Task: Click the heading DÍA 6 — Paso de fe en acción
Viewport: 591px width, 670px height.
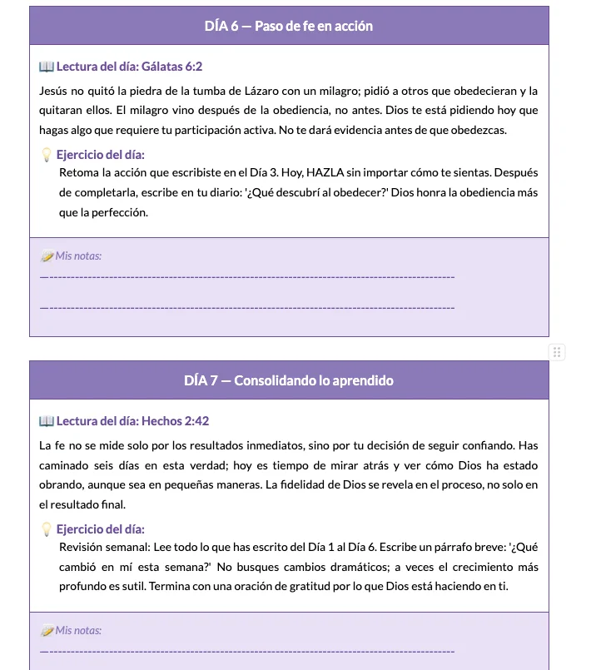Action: point(289,26)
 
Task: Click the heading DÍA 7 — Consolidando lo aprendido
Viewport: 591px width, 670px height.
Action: point(289,380)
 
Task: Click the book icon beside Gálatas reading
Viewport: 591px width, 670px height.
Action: point(47,66)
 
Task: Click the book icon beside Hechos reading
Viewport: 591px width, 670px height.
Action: point(47,421)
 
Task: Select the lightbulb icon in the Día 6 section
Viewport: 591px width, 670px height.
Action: point(47,155)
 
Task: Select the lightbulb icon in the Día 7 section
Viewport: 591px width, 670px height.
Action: point(47,529)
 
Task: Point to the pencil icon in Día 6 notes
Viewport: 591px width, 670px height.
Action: point(47,256)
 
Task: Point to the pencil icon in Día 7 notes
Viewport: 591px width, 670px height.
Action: point(47,630)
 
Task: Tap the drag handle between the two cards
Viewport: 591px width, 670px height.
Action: point(558,352)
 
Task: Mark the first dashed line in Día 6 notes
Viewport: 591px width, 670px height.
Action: point(247,276)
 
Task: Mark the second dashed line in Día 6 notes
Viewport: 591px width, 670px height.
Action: point(247,308)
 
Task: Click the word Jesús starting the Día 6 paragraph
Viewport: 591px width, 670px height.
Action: point(55,91)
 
